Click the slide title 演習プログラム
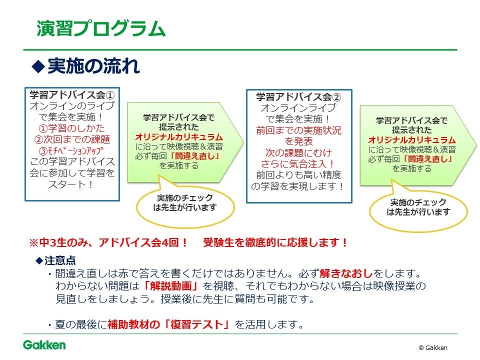click(100, 28)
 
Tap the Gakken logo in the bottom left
click(44, 345)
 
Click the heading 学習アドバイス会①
click(72, 94)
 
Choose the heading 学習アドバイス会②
click(298, 96)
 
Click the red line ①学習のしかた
click(72, 128)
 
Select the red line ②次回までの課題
click(72, 139)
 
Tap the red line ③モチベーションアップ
click(72, 150)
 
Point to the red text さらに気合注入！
click(298, 163)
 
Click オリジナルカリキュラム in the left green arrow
click(179, 136)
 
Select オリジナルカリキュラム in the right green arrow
click(411, 139)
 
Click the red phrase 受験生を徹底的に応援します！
click(275, 243)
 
